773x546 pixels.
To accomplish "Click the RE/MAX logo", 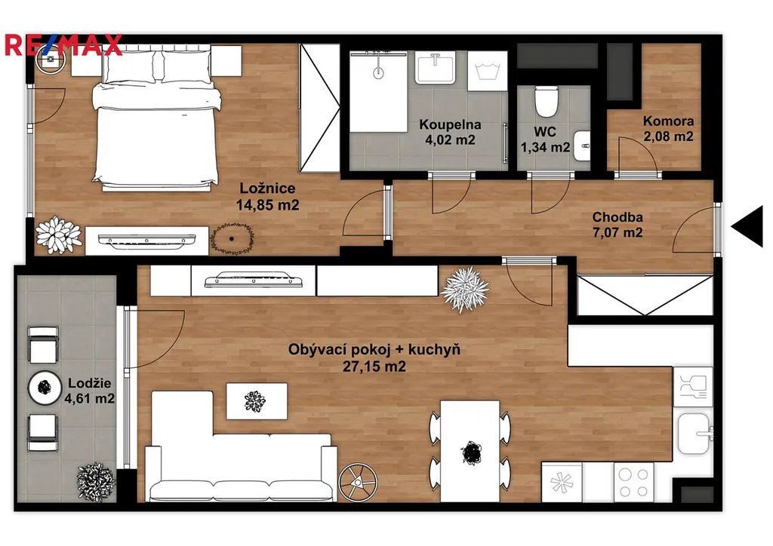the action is pyautogui.click(x=63, y=44).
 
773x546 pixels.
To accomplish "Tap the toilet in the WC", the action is pyautogui.click(x=547, y=101).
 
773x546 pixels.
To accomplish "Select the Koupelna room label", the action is pyautogui.click(x=450, y=124).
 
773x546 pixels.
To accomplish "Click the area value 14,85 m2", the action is pyautogui.click(x=268, y=205).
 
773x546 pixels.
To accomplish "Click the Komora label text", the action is pyautogui.click(x=668, y=121).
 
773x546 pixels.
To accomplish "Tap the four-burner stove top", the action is pyautogui.click(x=633, y=483).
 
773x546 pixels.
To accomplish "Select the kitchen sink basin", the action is pyautogui.click(x=694, y=434).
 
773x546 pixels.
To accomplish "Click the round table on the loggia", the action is pyautogui.click(x=45, y=388).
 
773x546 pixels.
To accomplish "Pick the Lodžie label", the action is pyautogui.click(x=89, y=382).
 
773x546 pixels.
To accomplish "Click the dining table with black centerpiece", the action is pyautogui.click(x=470, y=451).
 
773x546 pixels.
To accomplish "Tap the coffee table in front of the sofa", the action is pyautogui.click(x=257, y=401).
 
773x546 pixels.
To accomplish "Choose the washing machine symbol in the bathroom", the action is pyautogui.click(x=487, y=71).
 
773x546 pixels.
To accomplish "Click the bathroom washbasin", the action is pyautogui.click(x=435, y=67).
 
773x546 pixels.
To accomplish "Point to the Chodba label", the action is pyautogui.click(x=617, y=216).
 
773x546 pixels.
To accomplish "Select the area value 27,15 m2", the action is pyautogui.click(x=374, y=367).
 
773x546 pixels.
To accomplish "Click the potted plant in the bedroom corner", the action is pyautogui.click(x=59, y=235).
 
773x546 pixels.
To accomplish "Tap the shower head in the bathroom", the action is pyautogui.click(x=378, y=73).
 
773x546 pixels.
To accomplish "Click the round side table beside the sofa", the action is pyautogui.click(x=358, y=482).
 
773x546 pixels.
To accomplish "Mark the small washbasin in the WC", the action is pyautogui.click(x=582, y=146).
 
